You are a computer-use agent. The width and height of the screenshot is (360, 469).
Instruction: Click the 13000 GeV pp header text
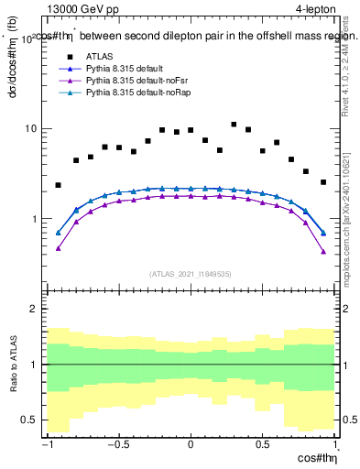[86, 9]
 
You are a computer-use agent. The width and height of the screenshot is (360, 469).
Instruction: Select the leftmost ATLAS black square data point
[59, 185]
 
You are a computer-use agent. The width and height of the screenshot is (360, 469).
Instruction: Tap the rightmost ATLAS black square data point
[323, 182]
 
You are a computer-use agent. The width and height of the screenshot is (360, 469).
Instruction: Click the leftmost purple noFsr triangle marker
[59, 248]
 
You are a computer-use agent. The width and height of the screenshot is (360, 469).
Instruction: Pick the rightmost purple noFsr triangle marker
[323, 251]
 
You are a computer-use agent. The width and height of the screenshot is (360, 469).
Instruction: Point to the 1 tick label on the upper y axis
[38, 220]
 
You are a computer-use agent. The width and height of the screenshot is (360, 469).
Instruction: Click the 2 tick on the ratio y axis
[38, 310]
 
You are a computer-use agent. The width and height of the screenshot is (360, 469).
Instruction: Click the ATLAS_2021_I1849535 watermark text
[191, 273]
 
